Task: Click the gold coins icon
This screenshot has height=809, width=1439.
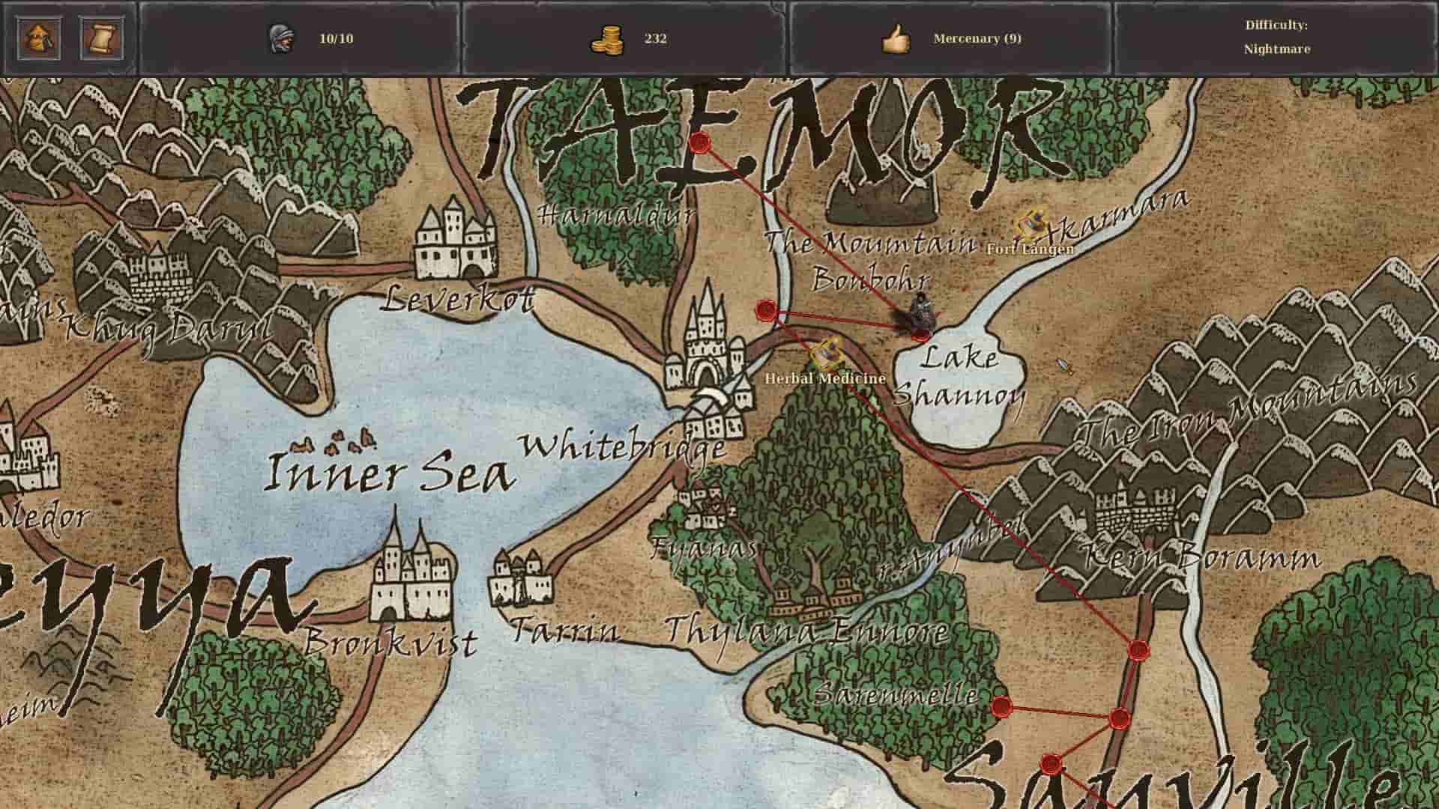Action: [606, 39]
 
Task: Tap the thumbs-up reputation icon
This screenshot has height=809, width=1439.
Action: [895, 39]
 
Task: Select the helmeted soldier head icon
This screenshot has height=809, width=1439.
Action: [281, 38]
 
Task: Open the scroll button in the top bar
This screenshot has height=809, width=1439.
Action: [102, 38]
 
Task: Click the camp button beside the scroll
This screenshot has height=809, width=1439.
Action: [39, 38]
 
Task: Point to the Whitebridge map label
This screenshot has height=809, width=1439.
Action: [622, 447]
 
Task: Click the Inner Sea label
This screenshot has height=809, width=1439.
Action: [390, 472]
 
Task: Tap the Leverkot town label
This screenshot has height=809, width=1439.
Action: [457, 300]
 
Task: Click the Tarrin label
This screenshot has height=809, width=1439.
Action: [564, 631]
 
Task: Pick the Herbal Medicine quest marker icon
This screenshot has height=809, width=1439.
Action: [826, 351]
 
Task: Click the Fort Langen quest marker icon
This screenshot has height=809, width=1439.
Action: [1033, 224]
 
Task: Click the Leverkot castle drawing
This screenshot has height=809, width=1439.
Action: [455, 238]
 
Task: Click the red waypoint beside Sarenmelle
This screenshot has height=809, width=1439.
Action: [1001, 706]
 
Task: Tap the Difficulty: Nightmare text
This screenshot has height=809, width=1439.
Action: [1276, 37]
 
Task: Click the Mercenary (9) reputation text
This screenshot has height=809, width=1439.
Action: [977, 38]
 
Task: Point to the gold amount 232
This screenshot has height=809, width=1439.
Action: [655, 38]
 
